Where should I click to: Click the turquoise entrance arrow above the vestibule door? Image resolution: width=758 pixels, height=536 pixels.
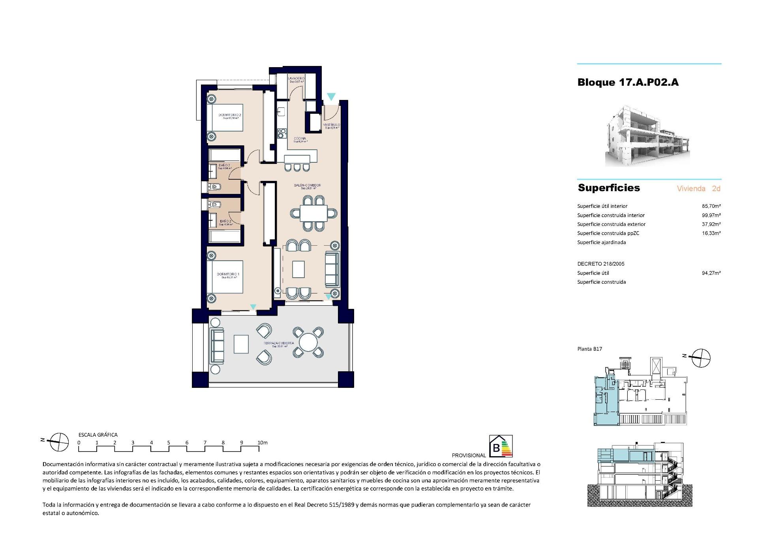click(331, 97)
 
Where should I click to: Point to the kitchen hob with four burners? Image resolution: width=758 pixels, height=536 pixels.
click(281, 133)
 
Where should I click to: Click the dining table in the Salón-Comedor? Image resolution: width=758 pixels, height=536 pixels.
click(313, 214)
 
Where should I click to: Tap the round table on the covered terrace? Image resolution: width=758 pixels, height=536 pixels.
click(308, 342)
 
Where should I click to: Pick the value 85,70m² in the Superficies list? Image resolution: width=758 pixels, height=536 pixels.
click(711, 206)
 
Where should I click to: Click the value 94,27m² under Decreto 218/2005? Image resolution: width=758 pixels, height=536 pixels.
click(711, 273)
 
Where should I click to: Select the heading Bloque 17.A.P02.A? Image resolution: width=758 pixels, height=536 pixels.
click(628, 83)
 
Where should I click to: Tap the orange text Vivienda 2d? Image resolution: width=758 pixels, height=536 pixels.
click(698, 189)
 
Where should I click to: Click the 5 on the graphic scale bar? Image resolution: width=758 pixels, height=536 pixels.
click(169, 443)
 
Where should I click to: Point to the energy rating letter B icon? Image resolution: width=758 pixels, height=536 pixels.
click(496, 448)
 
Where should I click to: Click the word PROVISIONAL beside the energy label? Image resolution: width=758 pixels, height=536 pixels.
click(469, 455)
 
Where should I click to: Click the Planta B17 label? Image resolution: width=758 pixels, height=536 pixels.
click(589, 349)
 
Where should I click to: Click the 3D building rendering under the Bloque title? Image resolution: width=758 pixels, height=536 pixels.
click(647, 136)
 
